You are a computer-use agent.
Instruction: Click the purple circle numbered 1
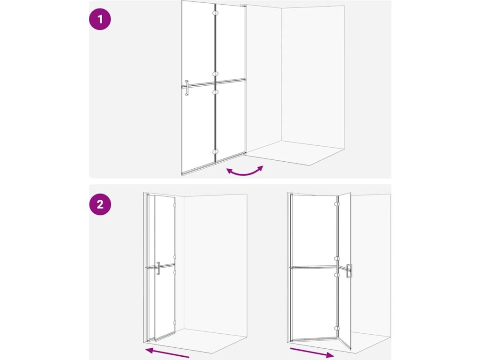[x=100, y=19]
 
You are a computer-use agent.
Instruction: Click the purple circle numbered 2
[x=100, y=204]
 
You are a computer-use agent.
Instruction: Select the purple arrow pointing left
[x=167, y=352]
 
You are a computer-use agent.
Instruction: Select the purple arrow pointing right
[x=312, y=352]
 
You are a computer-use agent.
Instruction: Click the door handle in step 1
[x=187, y=88]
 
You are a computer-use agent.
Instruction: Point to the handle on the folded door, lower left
[x=158, y=268]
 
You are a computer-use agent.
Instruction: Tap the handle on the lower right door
[x=349, y=271]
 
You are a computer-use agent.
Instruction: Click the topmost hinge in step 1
[x=216, y=14]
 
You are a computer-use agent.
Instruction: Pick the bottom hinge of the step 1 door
[x=216, y=151]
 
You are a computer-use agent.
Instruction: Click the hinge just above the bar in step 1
[x=216, y=74]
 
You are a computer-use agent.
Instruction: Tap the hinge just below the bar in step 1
[x=216, y=91]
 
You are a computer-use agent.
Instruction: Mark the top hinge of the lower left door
[x=175, y=205]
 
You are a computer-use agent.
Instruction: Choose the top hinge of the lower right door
[x=337, y=204]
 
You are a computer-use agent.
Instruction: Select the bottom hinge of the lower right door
[x=337, y=328]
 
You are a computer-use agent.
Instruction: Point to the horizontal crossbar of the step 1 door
[x=214, y=83]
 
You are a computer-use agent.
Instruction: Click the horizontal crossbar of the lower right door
[x=319, y=268]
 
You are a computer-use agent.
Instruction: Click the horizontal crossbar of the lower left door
[x=160, y=266]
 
